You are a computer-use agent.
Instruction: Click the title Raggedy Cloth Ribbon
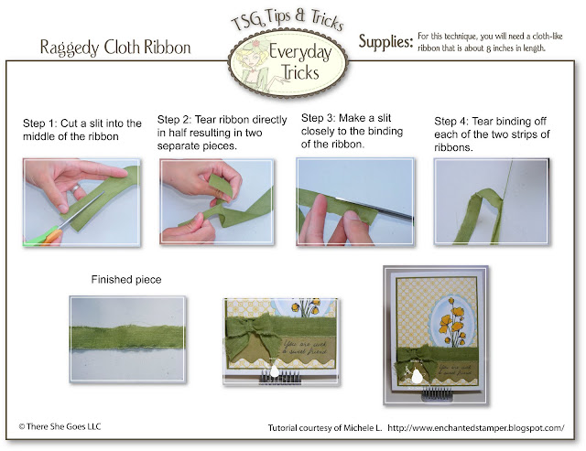tap(115, 48)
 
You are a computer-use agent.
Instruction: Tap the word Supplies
tap(385, 42)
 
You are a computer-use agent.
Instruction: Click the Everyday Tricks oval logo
tap(288, 65)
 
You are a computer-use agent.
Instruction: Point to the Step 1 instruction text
tap(82, 130)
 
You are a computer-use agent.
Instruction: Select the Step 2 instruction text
tap(222, 133)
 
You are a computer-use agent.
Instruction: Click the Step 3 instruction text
tap(352, 131)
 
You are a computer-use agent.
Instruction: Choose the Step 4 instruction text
tap(492, 134)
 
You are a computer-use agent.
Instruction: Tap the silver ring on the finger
tap(76, 188)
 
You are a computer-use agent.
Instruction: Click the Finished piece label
tap(126, 280)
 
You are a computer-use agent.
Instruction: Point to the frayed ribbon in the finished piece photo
tap(127, 337)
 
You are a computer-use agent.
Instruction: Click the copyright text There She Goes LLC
tap(60, 426)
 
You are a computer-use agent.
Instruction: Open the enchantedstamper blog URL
tap(476, 428)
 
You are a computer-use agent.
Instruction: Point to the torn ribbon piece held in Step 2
tap(222, 186)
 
